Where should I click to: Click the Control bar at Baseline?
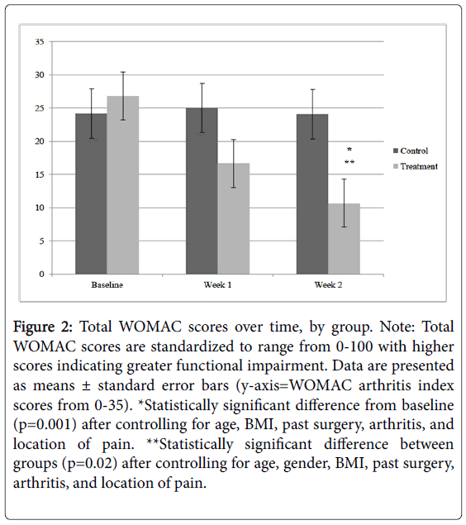click(x=91, y=193)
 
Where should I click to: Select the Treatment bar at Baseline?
click(x=123, y=185)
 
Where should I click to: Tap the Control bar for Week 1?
click(x=202, y=191)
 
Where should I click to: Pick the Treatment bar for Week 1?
click(x=234, y=218)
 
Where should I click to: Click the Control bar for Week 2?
click(x=312, y=194)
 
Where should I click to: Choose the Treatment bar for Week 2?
click(x=345, y=239)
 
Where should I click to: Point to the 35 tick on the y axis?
click(x=40, y=42)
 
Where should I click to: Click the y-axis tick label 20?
click(x=40, y=141)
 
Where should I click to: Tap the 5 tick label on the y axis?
click(x=41, y=241)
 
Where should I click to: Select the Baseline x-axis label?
click(x=107, y=285)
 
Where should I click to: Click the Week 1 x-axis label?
click(x=218, y=285)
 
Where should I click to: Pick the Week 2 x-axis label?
click(x=328, y=285)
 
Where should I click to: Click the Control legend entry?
click(x=411, y=150)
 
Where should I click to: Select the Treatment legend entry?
click(x=416, y=166)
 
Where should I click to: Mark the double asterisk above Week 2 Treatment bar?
click(x=349, y=163)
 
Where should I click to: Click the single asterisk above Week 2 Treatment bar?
click(x=349, y=150)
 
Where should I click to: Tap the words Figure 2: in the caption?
click(x=42, y=327)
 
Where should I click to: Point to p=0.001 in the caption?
click(x=45, y=425)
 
